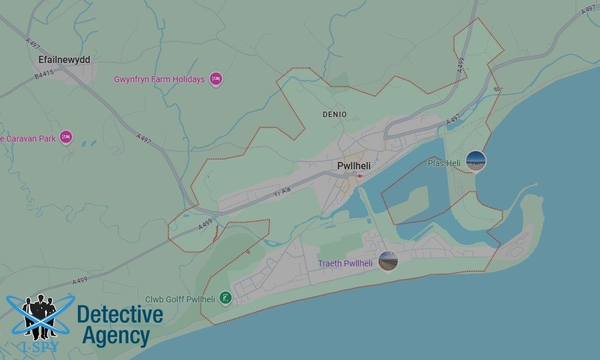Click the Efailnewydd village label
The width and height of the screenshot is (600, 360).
[64, 60]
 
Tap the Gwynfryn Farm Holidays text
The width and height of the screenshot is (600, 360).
[159, 79]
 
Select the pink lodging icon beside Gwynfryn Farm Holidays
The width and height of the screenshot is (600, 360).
[216, 79]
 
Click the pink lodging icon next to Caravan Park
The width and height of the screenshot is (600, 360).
[66, 138]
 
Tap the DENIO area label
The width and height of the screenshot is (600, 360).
[334, 114]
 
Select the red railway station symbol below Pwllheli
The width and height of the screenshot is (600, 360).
[359, 176]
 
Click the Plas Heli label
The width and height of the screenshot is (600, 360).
[444, 163]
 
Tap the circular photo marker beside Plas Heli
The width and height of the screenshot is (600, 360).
[476, 161]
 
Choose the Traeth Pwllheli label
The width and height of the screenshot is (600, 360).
[345, 263]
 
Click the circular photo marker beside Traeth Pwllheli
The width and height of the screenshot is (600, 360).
[388, 261]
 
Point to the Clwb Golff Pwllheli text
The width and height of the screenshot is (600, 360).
[180, 299]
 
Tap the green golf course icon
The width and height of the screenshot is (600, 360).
[225, 298]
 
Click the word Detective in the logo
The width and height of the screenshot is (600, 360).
[120, 314]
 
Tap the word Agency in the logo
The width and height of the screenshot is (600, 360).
[116, 335]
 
